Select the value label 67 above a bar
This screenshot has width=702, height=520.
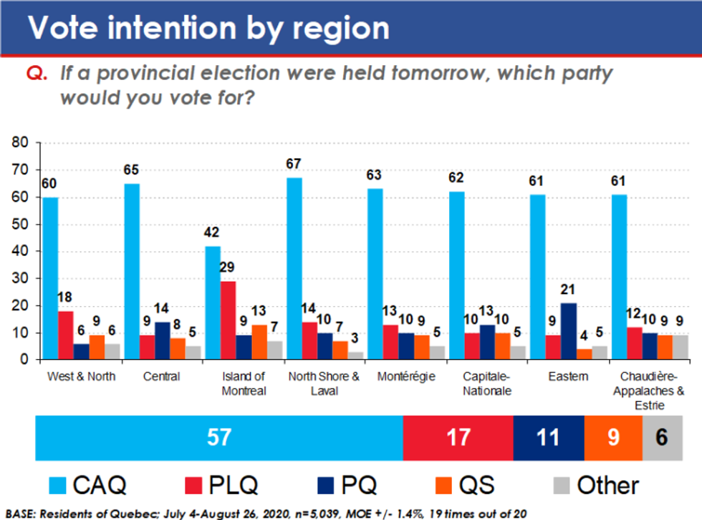[294, 164]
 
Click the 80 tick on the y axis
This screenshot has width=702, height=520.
[20, 143]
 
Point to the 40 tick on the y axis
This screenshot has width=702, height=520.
[20, 252]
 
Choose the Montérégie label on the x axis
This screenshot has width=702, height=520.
[405, 377]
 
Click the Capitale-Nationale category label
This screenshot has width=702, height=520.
[487, 383]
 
